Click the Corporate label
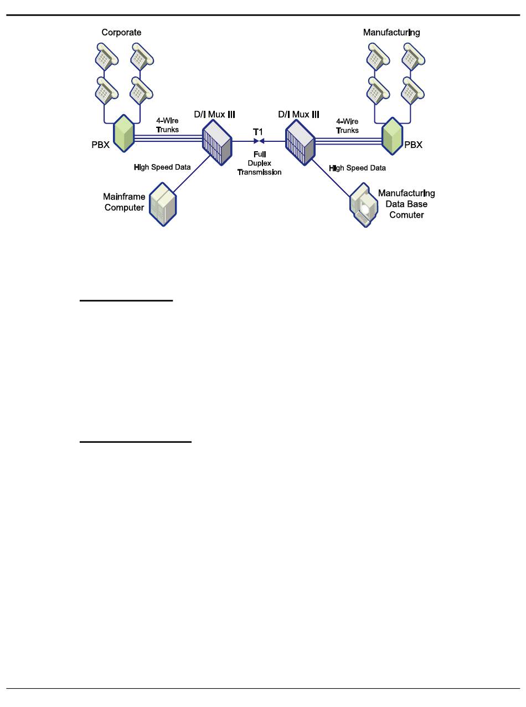[x=121, y=32]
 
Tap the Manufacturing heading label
[x=391, y=32]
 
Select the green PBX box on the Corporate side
[x=124, y=132]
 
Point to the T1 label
[x=258, y=131]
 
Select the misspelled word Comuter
[x=406, y=214]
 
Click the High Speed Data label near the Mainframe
[x=162, y=166]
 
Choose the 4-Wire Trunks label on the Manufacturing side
[x=347, y=126]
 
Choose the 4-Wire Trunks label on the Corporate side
[x=167, y=125]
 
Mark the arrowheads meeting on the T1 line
[x=257, y=141]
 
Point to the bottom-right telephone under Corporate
[x=141, y=90]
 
